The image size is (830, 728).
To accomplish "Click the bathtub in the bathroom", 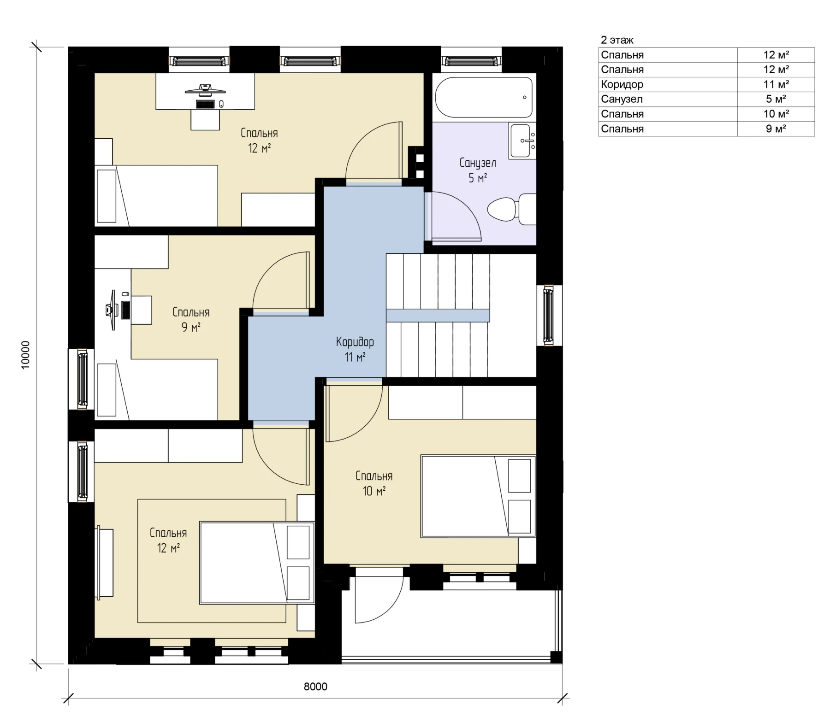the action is coord(484,97).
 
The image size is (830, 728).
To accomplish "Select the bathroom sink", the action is coord(522,140).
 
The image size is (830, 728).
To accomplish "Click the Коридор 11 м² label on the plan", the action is coord(355,349).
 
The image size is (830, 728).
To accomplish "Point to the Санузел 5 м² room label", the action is coord(478,170).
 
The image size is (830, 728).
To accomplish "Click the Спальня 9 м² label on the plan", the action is coord(191,320).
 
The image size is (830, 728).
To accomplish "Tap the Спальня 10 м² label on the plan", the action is coord(374,483).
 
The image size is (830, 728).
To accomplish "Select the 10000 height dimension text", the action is coord(25,355).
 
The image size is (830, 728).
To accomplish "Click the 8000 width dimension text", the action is coord(315,687).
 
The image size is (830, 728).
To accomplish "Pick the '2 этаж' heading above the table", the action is coord(617,40).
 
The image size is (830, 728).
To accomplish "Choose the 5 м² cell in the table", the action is coord(776,99).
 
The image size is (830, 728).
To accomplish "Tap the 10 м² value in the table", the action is coord(776,114).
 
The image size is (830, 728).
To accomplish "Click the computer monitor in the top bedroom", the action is coord(205,89).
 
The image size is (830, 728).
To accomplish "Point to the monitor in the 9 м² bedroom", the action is coord(111,310).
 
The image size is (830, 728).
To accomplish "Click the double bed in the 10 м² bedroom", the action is coord(478,496).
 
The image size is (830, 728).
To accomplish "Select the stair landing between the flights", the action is coord(438,316).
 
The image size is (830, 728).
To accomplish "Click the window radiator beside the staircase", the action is coord(549,315).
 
